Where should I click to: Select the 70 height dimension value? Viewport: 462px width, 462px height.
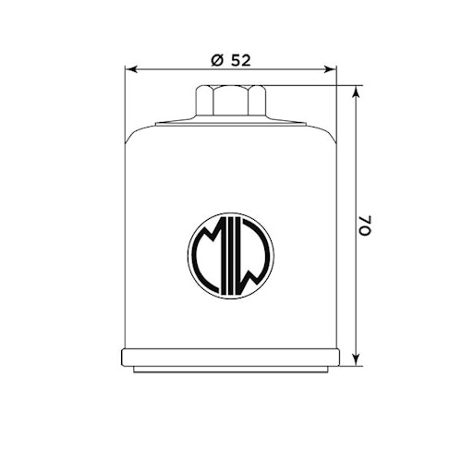365,225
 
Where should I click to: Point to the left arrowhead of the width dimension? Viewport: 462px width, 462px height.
130,69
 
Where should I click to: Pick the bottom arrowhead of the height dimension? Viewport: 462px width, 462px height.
356,366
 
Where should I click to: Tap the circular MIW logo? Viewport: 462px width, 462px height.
231,251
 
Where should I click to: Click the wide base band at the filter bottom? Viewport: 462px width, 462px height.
231,358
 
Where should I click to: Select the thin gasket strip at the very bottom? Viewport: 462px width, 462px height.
231,369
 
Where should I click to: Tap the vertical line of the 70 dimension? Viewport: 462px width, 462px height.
356,296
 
